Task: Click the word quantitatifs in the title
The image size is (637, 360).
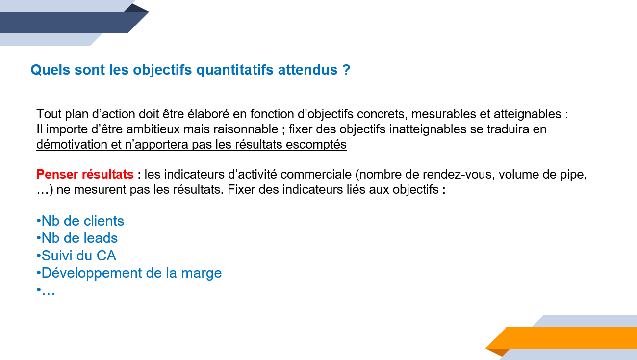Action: (x=235, y=70)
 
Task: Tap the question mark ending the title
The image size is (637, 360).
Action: (x=346, y=70)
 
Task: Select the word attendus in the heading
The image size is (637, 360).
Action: (x=307, y=70)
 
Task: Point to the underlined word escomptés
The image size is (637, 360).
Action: (x=316, y=145)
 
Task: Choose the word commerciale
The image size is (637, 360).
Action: (x=316, y=174)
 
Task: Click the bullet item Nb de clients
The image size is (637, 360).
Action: (x=80, y=221)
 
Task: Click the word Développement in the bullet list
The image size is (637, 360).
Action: (x=92, y=273)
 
